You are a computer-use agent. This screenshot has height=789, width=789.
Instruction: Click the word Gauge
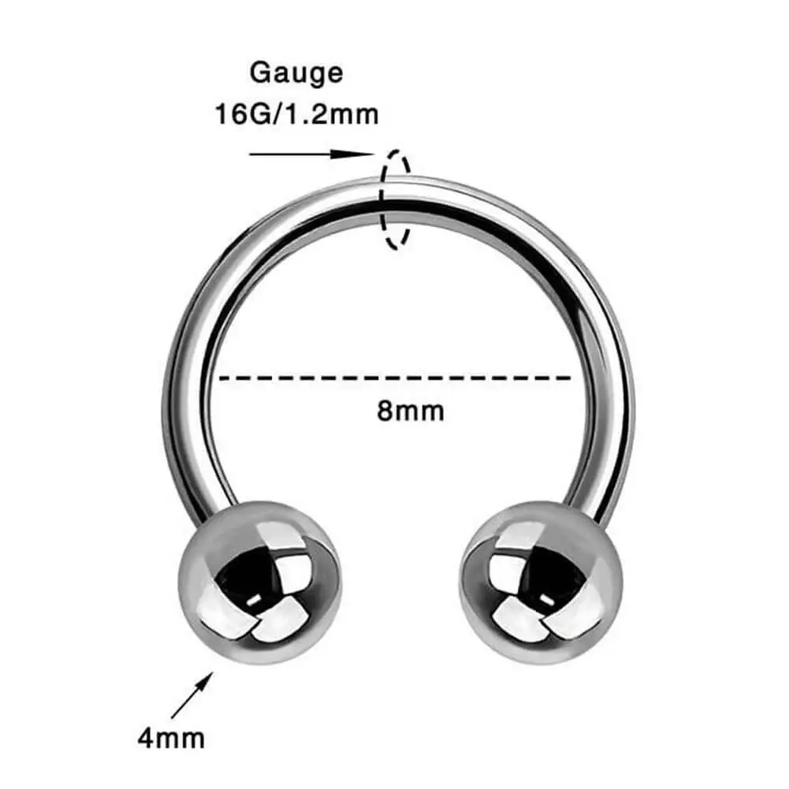pyautogui.click(x=296, y=73)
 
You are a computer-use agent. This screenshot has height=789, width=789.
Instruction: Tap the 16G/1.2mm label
pyautogui.click(x=296, y=114)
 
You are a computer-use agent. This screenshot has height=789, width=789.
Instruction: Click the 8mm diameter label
pyautogui.click(x=411, y=411)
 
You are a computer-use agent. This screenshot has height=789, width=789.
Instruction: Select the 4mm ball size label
pyautogui.click(x=171, y=739)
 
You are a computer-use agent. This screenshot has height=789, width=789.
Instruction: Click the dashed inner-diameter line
pyautogui.click(x=396, y=378)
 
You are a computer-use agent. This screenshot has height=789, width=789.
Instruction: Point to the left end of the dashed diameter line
pyautogui.click(x=221, y=378)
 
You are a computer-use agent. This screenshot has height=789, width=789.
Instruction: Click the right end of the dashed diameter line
pyautogui.click(x=571, y=378)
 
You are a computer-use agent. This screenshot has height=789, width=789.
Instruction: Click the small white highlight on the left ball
pyautogui.click(x=255, y=601)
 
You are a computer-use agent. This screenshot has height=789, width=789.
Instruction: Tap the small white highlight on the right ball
pyautogui.click(x=546, y=601)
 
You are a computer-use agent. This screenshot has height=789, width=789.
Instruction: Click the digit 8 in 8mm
pyautogui.click(x=385, y=411)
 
